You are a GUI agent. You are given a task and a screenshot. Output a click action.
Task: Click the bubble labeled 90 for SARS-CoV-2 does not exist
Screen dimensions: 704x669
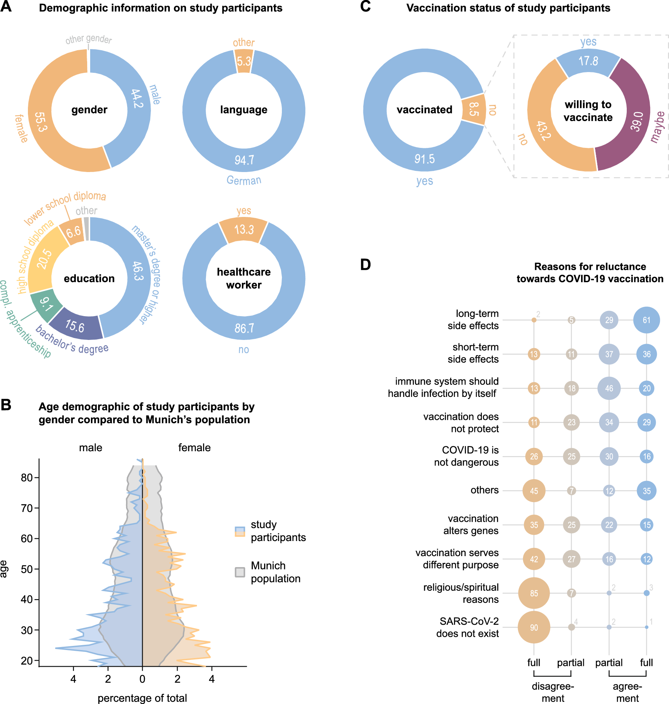coord(534,627)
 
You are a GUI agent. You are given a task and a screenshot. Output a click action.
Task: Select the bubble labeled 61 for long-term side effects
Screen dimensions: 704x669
coord(646,320)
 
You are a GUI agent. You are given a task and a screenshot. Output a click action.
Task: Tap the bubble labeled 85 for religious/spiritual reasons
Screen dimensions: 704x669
coord(534,593)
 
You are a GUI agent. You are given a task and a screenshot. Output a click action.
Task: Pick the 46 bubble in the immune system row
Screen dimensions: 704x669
coord(609,388)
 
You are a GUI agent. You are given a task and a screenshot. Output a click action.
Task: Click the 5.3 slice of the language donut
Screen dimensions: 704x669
coord(244,61)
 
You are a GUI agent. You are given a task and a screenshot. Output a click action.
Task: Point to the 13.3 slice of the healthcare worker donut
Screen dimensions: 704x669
coord(244,229)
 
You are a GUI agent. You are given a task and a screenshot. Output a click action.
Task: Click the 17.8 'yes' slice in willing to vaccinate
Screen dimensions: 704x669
coord(588,61)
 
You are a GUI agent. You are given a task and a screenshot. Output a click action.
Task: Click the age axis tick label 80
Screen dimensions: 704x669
coord(27,478)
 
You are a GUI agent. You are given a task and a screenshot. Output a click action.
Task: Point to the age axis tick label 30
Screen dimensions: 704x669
coord(27,630)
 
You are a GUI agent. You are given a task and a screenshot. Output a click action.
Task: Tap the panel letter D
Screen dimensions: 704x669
coord(365,265)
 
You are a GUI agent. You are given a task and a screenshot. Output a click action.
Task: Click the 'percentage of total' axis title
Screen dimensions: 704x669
coord(142,698)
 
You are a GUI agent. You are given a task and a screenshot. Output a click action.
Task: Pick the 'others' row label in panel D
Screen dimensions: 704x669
coord(484,490)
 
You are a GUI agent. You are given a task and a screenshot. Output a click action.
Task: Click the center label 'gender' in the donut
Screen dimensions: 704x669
coord(89,110)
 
